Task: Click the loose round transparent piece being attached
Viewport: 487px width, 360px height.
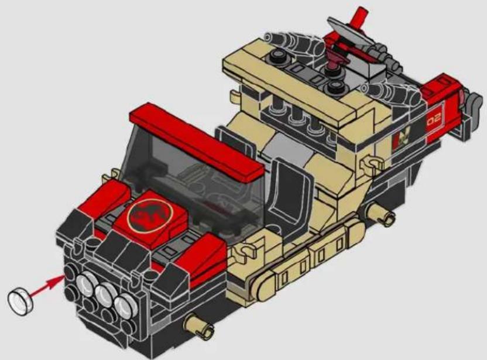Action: [x=20, y=301]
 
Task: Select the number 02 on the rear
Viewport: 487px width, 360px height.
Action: [x=434, y=119]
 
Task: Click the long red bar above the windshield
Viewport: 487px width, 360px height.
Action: [x=196, y=141]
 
